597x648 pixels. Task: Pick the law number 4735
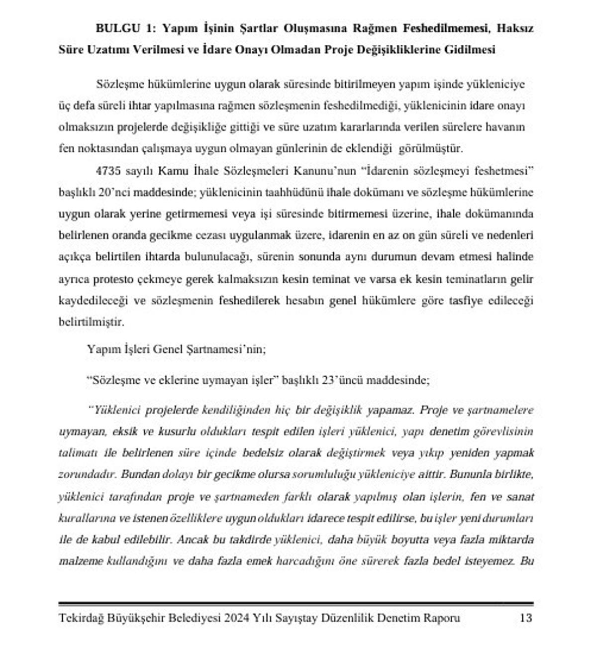(108, 171)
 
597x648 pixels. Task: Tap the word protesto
(113, 279)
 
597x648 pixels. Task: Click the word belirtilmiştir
(91, 322)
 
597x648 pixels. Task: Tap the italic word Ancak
(192, 540)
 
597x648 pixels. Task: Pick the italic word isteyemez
(490, 561)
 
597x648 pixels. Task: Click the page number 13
(526, 618)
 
